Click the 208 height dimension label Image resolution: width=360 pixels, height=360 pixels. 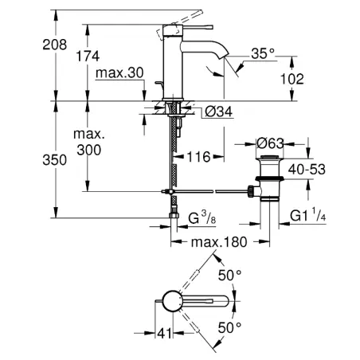point(55,45)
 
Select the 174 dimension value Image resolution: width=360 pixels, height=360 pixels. point(88,57)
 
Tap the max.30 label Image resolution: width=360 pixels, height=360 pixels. point(119,72)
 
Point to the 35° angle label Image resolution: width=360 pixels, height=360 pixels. point(263,53)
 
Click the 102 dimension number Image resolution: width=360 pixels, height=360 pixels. point(292,79)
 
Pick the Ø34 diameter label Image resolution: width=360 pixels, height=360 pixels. point(219,112)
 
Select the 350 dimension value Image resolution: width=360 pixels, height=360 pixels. point(55,160)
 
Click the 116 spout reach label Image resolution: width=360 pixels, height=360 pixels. point(199,157)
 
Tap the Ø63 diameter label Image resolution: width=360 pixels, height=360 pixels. point(270,143)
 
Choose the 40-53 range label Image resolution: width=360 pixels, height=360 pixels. point(307,169)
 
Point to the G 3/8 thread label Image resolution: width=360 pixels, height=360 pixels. point(202,217)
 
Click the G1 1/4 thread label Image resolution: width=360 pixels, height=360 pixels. point(307,215)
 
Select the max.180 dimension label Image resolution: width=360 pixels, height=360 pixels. point(219,242)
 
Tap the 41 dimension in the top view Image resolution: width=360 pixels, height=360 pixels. point(164,333)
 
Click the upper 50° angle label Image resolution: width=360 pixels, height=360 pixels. point(230,275)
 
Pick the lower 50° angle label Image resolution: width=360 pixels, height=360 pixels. point(230,328)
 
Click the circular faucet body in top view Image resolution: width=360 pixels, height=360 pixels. point(172,301)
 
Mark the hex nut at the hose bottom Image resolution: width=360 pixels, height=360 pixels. point(174,215)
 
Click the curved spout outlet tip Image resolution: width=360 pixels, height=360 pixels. point(225,55)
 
